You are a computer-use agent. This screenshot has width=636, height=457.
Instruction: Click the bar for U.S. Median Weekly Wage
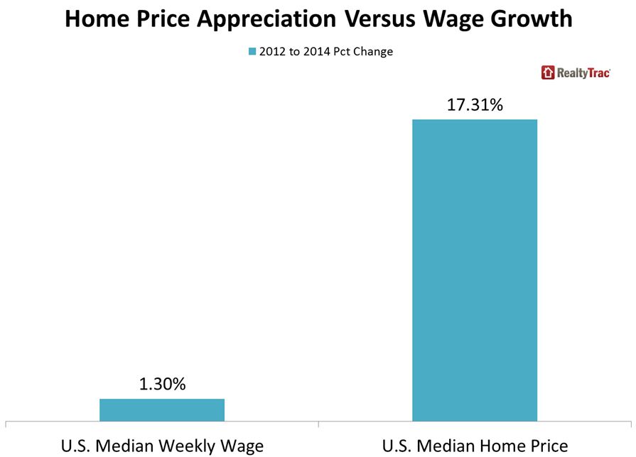[x=161, y=409]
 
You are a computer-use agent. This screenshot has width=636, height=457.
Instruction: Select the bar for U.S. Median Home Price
[x=474, y=270]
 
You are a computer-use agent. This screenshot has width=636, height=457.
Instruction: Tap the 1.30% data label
[x=161, y=385]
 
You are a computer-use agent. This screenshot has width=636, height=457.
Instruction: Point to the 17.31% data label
[x=475, y=105]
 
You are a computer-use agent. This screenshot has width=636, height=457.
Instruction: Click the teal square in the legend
[x=251, y=52]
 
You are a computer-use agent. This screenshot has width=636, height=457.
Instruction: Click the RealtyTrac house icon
[x=548, y=72]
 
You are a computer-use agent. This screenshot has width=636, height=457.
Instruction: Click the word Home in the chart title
[x=101, y=19]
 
